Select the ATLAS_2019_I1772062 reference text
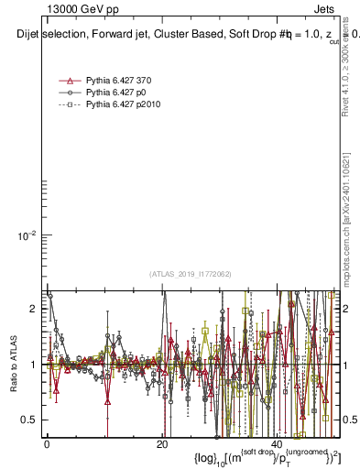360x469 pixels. (191, 274)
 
